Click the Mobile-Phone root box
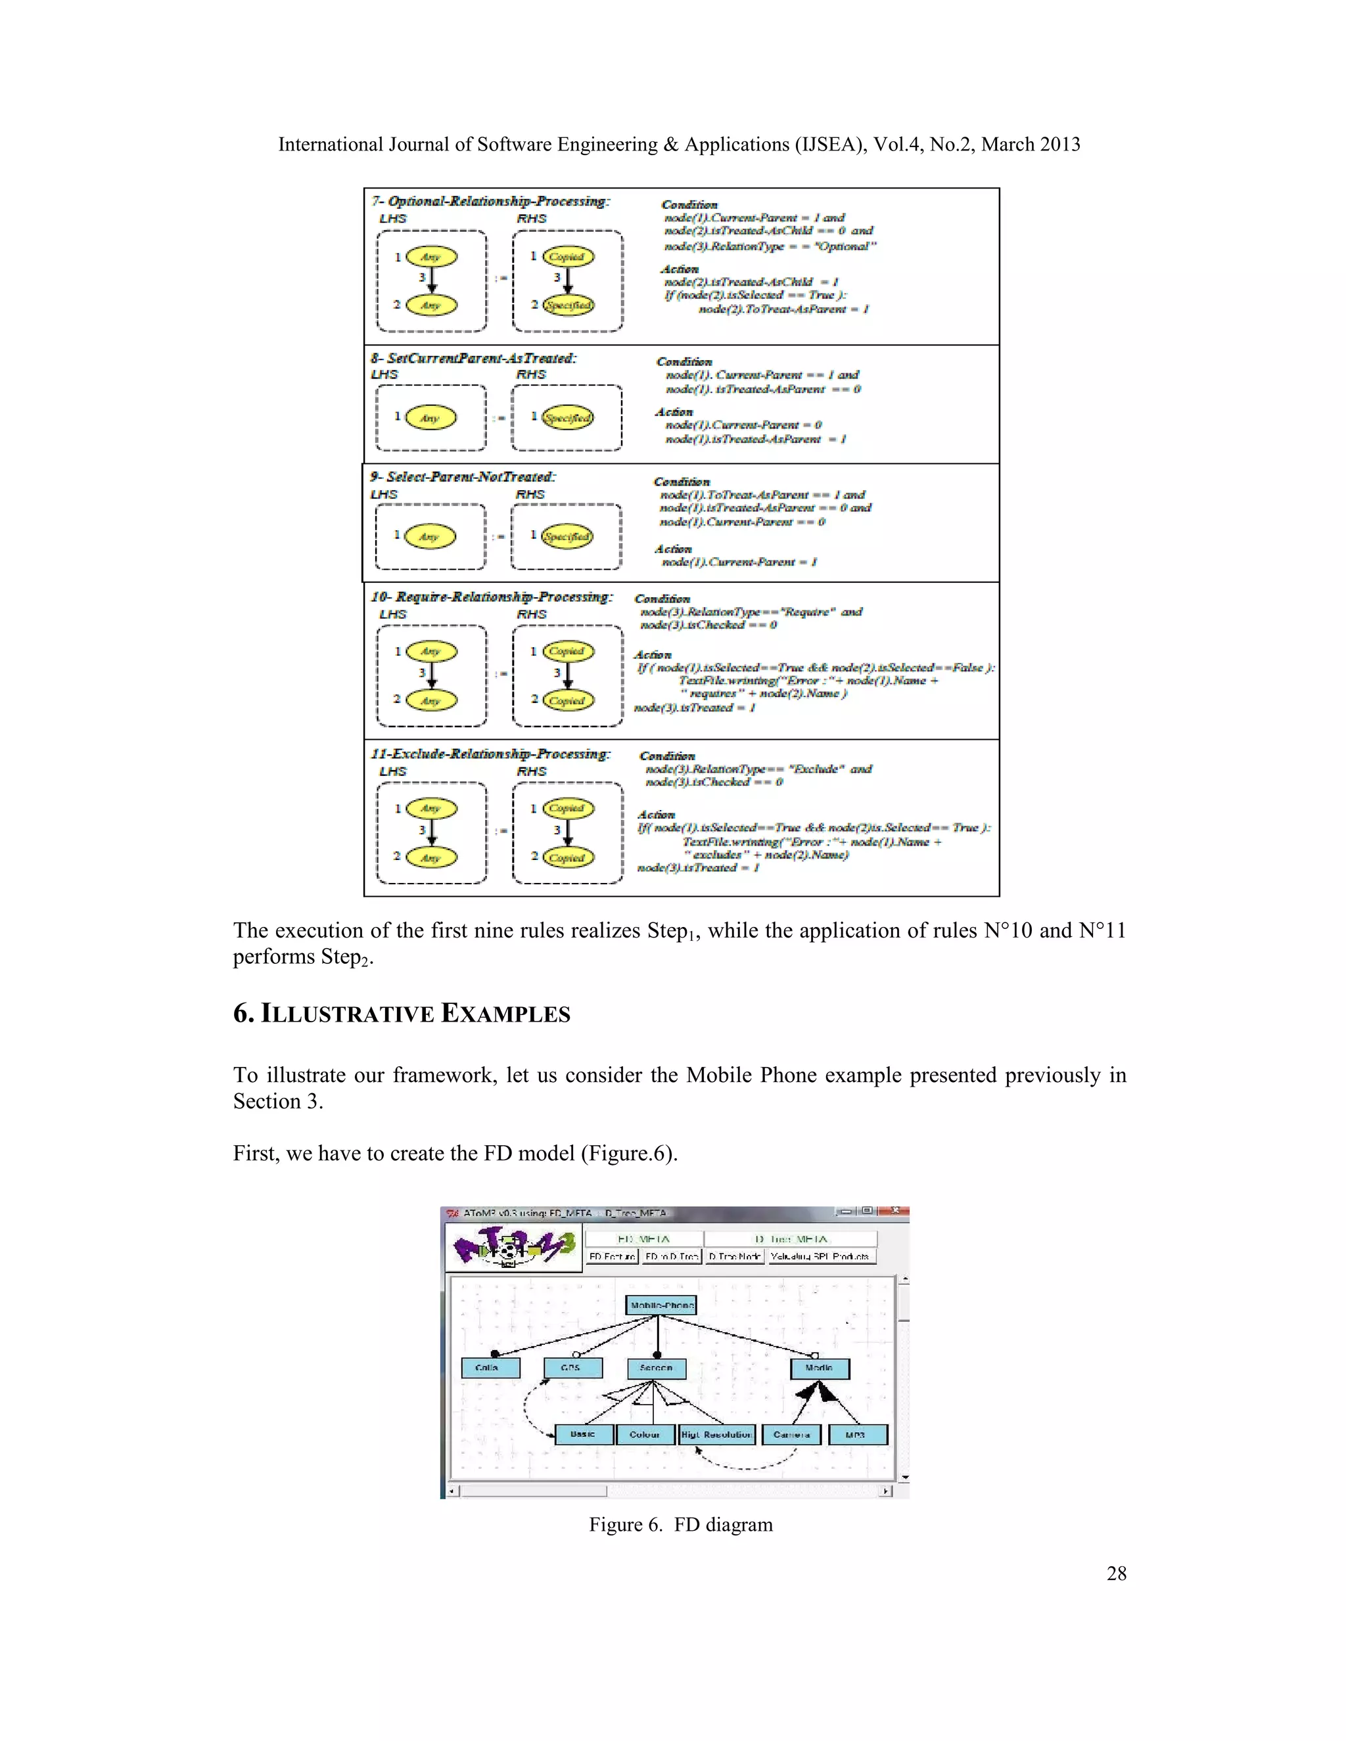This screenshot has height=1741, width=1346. [x=661, y=1305]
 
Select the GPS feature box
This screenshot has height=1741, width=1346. [x=572, y=1368]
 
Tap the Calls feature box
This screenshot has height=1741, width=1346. [x=490, y=1368]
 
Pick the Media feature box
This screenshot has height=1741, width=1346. [x=820, y=1368]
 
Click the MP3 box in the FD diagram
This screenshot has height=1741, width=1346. [x=857, y=1435]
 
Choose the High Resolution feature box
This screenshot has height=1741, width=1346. [x=716, y=1435]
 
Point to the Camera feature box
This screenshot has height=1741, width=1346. [x=792, y=1435]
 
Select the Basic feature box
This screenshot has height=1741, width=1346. [x=584, y=1434]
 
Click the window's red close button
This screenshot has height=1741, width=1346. [x=896, y=1210]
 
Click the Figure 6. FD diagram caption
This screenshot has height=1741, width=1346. [x=680, y=1525]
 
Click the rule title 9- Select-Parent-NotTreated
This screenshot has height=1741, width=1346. [x=463, y=477]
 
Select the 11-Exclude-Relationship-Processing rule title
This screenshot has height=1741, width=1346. [x=490, y=754]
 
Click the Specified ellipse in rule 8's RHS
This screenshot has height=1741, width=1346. [x=567, y=418]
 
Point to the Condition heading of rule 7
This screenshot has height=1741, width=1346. [x=689, y=205]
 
